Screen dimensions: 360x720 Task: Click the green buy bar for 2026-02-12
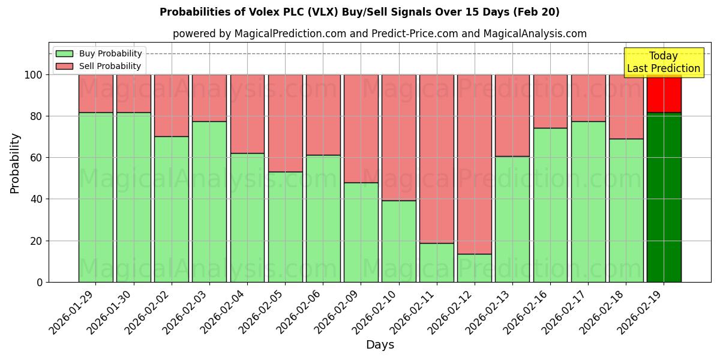[x=475, y=268]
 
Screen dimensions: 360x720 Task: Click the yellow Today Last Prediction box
[x=664, y=62]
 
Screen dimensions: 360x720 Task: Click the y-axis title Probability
[x=15, y=163]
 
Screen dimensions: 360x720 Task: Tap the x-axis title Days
[x=380, y=345]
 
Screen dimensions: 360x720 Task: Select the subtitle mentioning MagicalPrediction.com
[x=380, y=34]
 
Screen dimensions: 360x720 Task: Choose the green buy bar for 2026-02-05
[x=285, y=227]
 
